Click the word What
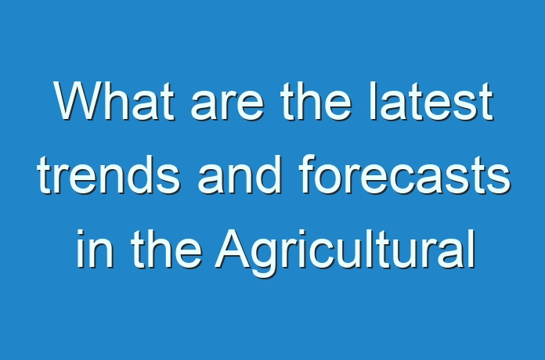tap(114, 102)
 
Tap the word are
tap(227, 106)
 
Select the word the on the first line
tap(316, 102)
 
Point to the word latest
tap(431, 102)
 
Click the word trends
tap(108, 175)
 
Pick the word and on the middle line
tap(240, 175)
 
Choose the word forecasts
tap(405, 175)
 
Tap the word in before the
tap(95, 248)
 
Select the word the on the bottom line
tap(166, 248)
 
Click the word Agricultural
tap(345, 253)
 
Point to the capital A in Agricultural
tap(233, 248)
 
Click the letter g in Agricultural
tap(265, 259)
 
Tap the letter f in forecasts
tap(307, 175)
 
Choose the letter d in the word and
tap(268, 175)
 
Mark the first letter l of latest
tap(373, 102)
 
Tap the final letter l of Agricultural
tap(472, 248)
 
